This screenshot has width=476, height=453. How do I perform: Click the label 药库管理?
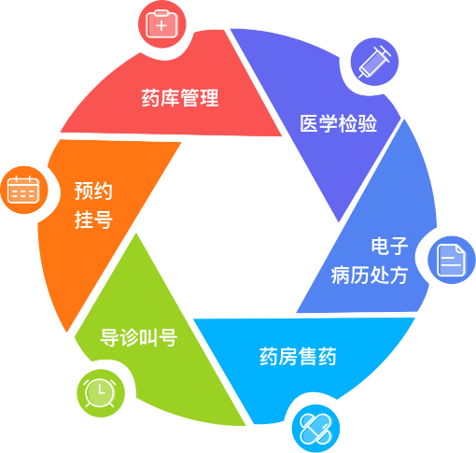(180, 98)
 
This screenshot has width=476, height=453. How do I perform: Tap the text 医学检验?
(338, 123)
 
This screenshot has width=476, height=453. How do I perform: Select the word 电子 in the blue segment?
(389, 246)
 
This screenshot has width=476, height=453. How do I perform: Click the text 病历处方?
(370, 276)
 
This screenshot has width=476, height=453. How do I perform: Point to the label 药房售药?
(298, 356)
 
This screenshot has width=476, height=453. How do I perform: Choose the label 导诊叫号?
(139, 337)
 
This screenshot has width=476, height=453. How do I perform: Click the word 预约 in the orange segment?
(93, 191)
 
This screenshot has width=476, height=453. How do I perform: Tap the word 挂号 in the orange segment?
(93, 219)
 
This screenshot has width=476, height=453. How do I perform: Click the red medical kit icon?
(161, 24)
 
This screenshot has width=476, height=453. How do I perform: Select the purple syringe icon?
(374, 62)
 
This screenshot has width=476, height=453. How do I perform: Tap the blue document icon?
(452, 261)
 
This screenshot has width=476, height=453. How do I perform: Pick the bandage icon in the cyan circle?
(315, 429)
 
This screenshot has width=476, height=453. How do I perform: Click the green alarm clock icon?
(100, 392)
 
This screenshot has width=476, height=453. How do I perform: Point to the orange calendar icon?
(23, 190)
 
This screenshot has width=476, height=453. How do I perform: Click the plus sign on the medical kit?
(161, 26)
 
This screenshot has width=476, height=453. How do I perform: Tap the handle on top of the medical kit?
(161, 12)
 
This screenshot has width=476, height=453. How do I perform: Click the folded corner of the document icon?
(460, 250)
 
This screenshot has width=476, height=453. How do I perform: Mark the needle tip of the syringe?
(359, 77)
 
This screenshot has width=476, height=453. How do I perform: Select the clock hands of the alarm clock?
(101, 389)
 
